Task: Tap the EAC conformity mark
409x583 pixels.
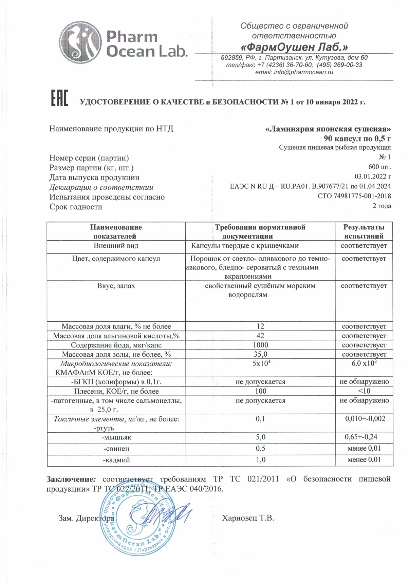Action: (59, 98)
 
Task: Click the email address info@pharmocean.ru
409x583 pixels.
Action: (294, 72)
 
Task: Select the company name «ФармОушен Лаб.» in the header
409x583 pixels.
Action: (294, 47)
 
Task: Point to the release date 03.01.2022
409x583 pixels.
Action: (373, 176)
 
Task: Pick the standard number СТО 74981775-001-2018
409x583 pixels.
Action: (354, 196)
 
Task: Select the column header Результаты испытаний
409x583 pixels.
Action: (364, 231)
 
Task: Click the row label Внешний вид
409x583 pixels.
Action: (116, 246)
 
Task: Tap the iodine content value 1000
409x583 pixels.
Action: (260, 345)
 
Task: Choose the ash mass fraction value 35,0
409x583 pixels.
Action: (260, 354)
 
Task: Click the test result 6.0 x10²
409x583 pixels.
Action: (364, 363)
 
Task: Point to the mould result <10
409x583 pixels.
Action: (364, 391)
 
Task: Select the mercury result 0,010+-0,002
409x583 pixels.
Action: (365, 419)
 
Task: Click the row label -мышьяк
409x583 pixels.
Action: (116, 437)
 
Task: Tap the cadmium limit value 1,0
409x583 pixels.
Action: (260, 460)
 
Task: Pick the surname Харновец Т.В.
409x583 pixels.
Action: (248, 518)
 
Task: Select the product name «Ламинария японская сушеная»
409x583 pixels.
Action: (328, 129)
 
